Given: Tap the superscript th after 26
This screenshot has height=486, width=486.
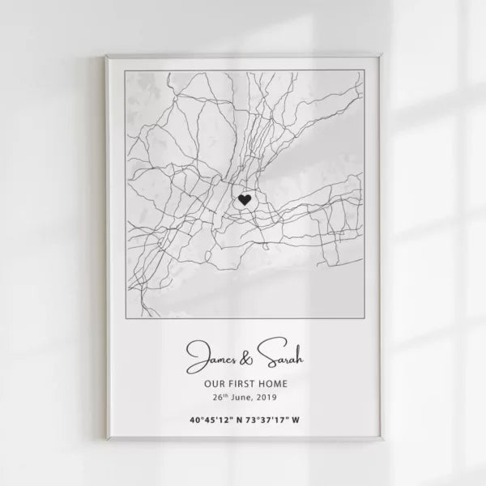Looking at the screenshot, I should [x=226, y=396].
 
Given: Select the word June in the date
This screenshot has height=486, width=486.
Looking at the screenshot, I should [x=241, y=399].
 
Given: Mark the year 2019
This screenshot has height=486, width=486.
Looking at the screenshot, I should [x=266, y=399].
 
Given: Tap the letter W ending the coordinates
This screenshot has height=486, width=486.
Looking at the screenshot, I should [x=296, y=420].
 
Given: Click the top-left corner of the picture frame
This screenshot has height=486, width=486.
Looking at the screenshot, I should [x=106, y=56].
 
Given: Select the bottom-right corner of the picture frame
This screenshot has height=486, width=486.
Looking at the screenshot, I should [x=382, y=440].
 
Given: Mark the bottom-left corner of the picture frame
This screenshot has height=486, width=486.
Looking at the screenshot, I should [x=106, y=440].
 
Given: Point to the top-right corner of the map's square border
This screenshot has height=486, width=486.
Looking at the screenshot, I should [x=362, y=70].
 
